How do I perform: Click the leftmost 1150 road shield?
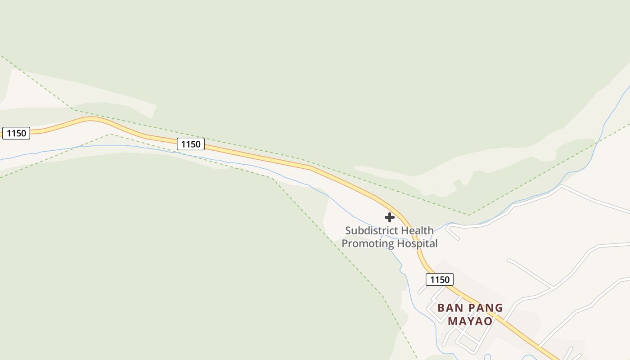16,133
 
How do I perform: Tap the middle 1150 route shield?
191,144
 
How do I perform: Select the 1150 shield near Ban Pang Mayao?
440,279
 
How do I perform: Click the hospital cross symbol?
390,217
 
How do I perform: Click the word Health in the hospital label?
417,230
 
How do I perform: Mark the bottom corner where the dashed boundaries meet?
469,215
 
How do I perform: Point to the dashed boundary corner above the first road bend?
73,109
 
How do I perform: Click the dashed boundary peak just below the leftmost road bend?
110,134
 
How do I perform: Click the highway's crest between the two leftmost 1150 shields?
90,118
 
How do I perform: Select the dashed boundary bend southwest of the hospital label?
272,178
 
